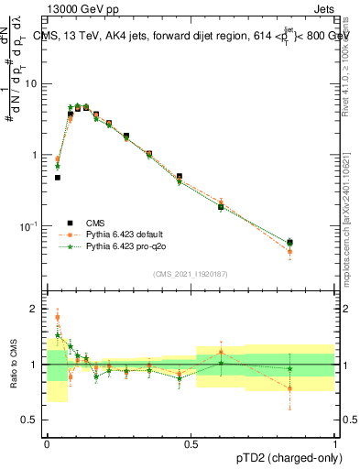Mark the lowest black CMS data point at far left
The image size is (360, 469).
(58, 178)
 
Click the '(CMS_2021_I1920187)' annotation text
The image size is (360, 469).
(191, 274)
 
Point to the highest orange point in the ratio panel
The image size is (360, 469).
(58, 318)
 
